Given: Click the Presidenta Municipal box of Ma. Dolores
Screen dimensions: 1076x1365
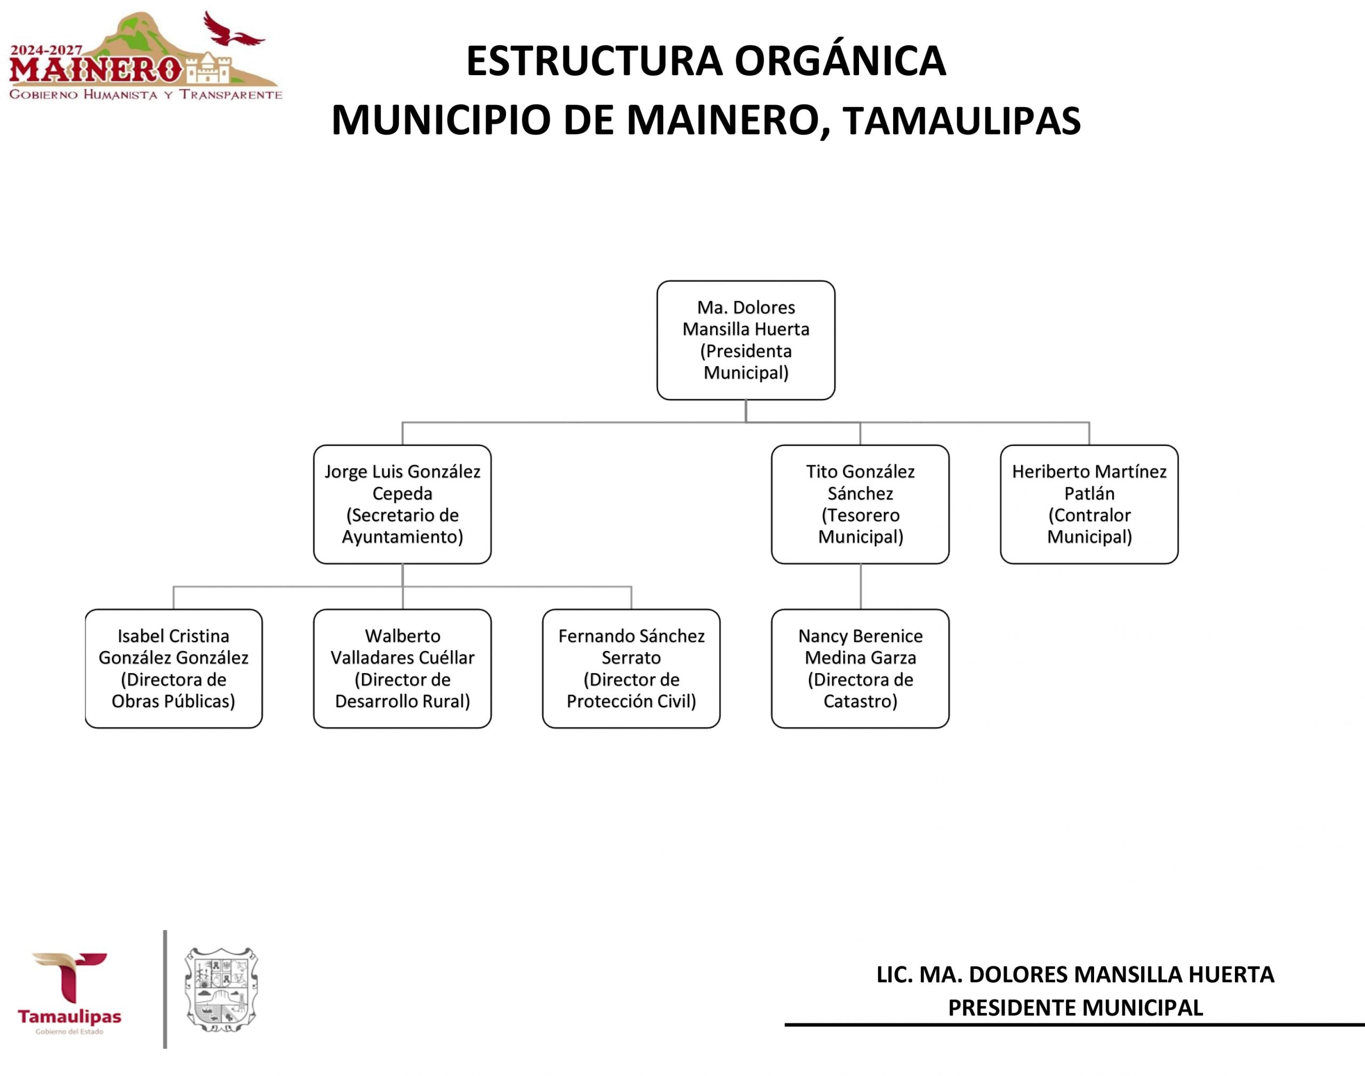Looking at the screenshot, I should click(745, 340).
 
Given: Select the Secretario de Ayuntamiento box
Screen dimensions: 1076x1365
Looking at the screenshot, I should click(402, 504).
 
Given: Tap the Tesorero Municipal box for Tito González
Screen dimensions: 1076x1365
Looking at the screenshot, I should click(860, 504).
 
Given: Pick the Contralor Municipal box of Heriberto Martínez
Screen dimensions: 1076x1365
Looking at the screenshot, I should click(1089, 504).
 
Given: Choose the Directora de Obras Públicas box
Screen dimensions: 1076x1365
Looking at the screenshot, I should click(173, 668).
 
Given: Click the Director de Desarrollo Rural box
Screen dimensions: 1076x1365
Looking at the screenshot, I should click(402, 668).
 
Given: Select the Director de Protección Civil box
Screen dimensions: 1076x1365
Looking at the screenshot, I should click(631, 668).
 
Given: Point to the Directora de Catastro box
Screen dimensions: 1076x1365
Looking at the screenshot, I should click(860, 668).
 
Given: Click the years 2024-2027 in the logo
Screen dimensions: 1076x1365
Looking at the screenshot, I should click(46, 50).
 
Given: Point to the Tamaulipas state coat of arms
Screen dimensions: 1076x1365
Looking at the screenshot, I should click(221, 989).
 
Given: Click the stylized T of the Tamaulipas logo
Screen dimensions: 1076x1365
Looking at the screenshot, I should click(69, 976).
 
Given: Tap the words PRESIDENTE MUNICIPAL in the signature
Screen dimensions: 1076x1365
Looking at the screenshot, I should click(1075, 1008).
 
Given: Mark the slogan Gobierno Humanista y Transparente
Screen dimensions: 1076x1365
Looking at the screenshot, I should click(146, 95).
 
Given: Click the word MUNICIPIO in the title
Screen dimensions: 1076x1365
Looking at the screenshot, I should click(441, 121).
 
